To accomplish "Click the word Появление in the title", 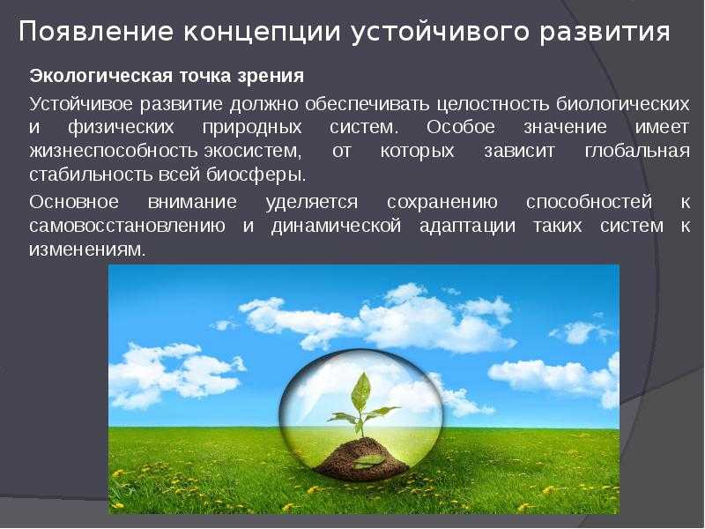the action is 95,32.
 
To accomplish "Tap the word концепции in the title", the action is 261,34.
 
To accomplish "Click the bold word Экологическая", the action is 100,76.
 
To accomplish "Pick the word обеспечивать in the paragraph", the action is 367,104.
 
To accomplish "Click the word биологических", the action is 623,104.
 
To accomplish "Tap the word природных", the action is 252,127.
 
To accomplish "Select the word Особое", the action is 460,126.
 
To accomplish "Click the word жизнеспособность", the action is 114,151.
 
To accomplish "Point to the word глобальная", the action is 637,151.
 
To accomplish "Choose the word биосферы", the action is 256,175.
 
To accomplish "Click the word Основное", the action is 74,202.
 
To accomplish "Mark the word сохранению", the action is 442,203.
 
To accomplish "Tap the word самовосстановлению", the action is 127,226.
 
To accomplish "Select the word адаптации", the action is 467,226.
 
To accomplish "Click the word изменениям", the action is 87,250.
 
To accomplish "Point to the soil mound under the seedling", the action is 361,458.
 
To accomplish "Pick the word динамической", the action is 336,226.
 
